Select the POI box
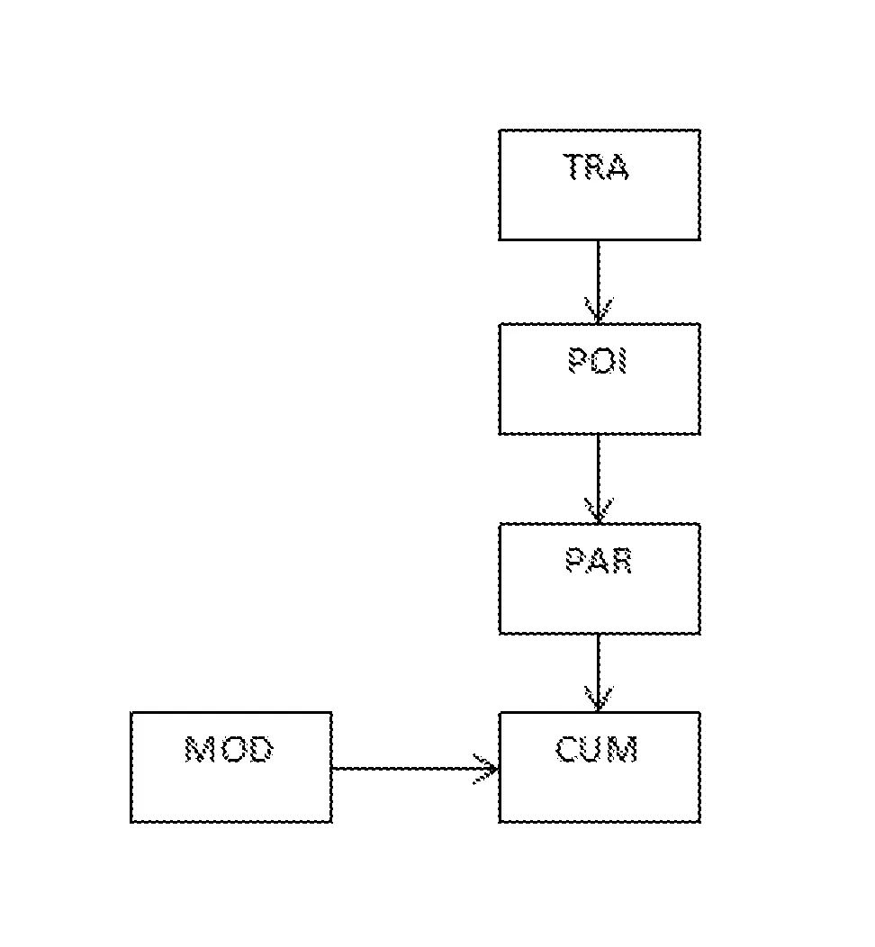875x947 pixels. coord(600,400)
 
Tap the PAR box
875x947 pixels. coord(600,598)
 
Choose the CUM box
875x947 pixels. coord(600,787)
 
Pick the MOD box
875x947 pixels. coord(231,787)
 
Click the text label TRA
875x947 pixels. coord(597,167)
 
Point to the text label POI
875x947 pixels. coord(598,361)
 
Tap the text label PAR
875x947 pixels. coord(599,560)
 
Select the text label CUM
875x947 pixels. coord(597,749)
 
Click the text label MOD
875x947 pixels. coord(230,749)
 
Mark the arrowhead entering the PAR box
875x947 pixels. coord(598,510)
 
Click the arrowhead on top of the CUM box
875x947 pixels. coord(598,699)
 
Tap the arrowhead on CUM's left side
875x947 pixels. coord(488,769)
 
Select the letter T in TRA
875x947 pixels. coord(574,167)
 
